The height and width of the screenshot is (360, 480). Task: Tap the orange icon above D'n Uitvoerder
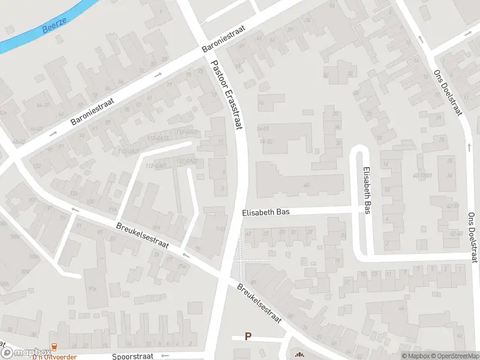[x=55, y=347]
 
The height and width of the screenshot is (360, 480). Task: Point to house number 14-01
[x=263, y=128]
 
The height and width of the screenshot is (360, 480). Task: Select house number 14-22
[x=266, y=141]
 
